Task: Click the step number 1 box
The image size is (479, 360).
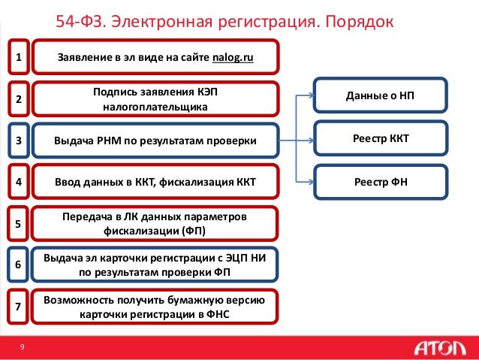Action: point(19,57)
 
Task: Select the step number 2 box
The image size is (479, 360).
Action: point(19,98)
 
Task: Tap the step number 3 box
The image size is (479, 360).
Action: point(19,141)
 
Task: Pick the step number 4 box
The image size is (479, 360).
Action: point(19,182)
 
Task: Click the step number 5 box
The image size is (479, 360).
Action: point(19,223)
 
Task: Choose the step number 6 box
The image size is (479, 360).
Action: point(19,264)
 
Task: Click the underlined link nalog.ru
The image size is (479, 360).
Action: point(233,57)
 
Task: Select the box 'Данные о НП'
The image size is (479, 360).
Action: point(381,96)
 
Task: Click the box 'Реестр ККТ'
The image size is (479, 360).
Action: point(381,139)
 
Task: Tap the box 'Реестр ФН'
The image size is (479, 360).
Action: point(381,181)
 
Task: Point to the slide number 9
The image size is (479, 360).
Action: point(23,346)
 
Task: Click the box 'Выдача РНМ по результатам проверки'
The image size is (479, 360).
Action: point(155,141)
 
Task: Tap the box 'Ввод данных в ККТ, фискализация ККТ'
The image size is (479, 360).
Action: point(155,182)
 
